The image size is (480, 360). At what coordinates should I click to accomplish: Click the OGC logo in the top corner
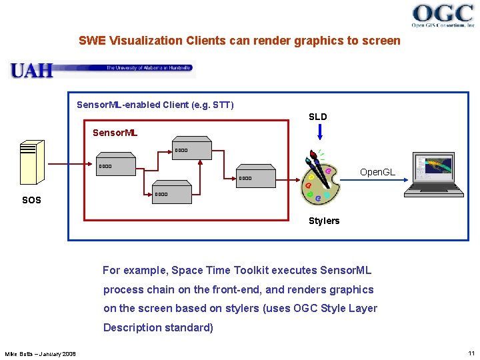click(443, 15)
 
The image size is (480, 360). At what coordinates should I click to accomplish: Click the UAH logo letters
click(31, 69)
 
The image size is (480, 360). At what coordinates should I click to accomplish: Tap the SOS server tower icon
click(32, 162)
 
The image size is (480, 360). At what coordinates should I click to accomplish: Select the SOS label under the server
click(31, 200)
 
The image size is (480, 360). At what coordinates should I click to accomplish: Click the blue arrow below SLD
click(320, 132)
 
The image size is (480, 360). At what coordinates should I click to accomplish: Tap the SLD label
click(318, 117)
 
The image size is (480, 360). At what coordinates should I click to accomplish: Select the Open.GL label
click(377, 172)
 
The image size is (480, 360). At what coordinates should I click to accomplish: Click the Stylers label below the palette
click(324, 221)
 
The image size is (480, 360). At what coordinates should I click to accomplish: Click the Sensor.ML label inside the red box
click(115, 133)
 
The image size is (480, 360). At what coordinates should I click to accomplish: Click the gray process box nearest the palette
click(256, 176)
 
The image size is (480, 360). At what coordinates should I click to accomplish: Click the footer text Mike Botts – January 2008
click(41, 353)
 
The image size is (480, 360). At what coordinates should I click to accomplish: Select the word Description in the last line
click(133, 327)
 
